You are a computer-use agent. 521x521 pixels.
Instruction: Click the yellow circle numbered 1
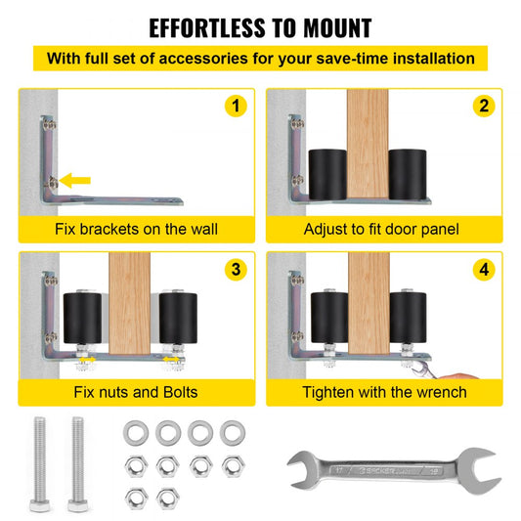[x=236, y=106]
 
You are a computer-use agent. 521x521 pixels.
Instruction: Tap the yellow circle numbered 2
[x=484, y=106]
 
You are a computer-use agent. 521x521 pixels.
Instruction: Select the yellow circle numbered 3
[x=236, y=269]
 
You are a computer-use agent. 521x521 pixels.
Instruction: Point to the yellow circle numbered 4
[x=484, y=269]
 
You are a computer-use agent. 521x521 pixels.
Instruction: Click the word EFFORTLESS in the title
[x=206, y=28]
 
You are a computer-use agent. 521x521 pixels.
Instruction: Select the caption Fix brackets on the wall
[x=136, y=229]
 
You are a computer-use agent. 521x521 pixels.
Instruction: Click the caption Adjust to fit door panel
[x=381, y=230]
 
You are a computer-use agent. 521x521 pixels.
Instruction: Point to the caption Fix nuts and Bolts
[x=136, y=392]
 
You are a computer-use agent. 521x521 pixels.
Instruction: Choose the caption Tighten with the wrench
[x=384, y=392]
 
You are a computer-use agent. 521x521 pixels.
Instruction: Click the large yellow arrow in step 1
[x=74, y=181]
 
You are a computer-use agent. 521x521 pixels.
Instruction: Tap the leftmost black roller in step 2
[x=327, y=174]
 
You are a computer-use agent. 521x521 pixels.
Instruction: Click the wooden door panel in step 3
[x=130, y=303]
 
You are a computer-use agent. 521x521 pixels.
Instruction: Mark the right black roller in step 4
[x=408, y=318]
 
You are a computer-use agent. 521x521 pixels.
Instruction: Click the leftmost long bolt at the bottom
[x=40, y=464]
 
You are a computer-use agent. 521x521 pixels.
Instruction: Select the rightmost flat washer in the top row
[x=233, y=433]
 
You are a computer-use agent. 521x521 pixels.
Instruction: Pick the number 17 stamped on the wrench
[x=339, y=470]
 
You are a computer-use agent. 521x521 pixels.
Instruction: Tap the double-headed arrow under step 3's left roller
[x=87, y=360]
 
